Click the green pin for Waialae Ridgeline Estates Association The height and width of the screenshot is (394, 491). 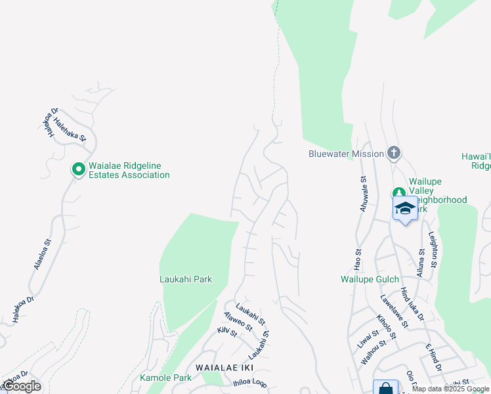coord(78,170)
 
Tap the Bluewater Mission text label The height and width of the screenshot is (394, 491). coord(346,154)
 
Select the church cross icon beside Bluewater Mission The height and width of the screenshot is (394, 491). coord(393,154)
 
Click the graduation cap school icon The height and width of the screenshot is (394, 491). coord(405,209)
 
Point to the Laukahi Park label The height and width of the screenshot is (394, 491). coord(186,279)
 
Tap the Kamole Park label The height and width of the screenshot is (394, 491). coord(165,378)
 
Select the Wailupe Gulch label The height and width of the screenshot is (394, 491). coord(370,279)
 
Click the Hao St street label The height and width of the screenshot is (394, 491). coord(358,260)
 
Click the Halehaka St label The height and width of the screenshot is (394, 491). coord(70,129)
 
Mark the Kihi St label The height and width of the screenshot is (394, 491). coord(226,332)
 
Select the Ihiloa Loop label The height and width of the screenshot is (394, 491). coord(249,383)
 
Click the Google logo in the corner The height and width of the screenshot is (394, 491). coord(21,386)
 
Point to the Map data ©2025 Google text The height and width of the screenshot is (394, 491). coord(451,389)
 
